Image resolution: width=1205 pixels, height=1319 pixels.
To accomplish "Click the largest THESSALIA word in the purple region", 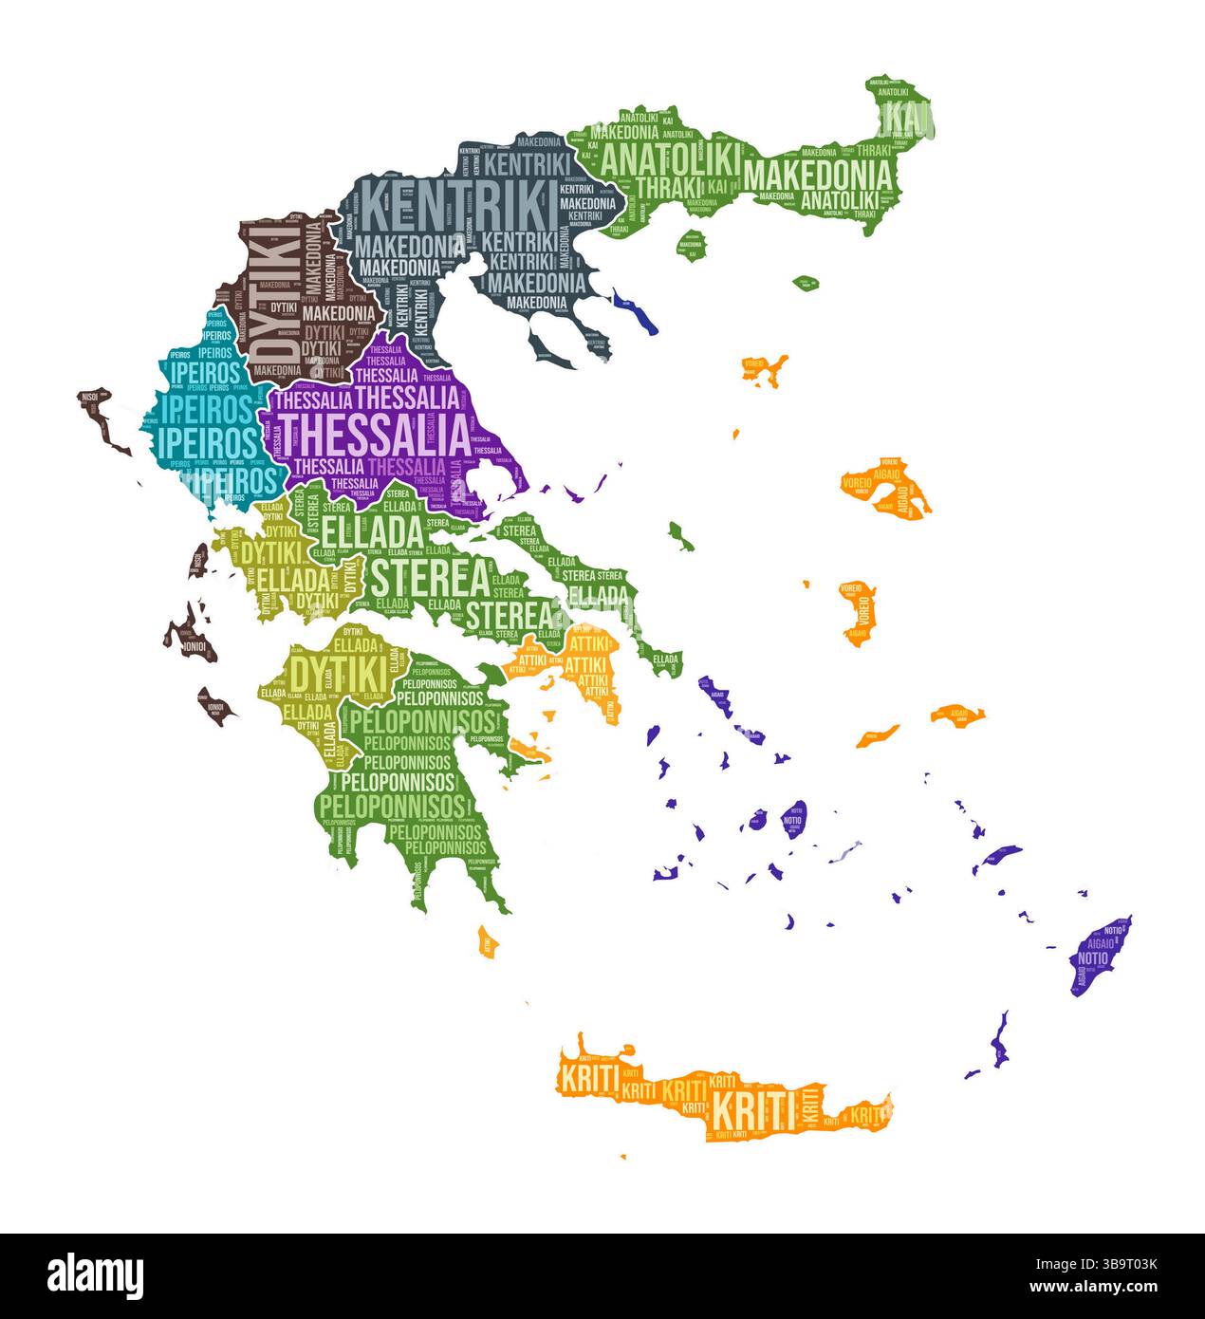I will pos(372,434).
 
